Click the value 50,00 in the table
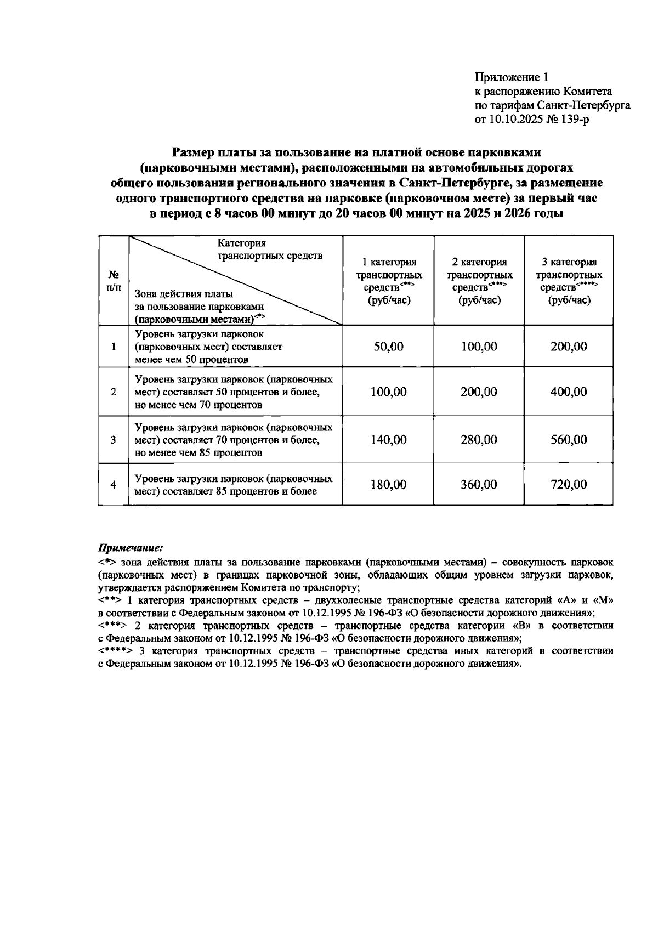coord(388,347)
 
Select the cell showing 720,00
coord(569,485)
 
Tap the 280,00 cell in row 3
coord(479,440)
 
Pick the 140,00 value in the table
coord(388,440)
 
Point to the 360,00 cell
coord(479,485)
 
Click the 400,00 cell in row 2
coord(569,392)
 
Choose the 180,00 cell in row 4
coord(388,485)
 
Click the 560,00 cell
coord(569,440)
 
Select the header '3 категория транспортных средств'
coord(569,281)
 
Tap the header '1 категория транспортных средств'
coord(389,281)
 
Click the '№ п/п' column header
coord(114,281)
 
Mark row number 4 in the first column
coord(114,485)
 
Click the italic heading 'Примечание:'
coord(131,548)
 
